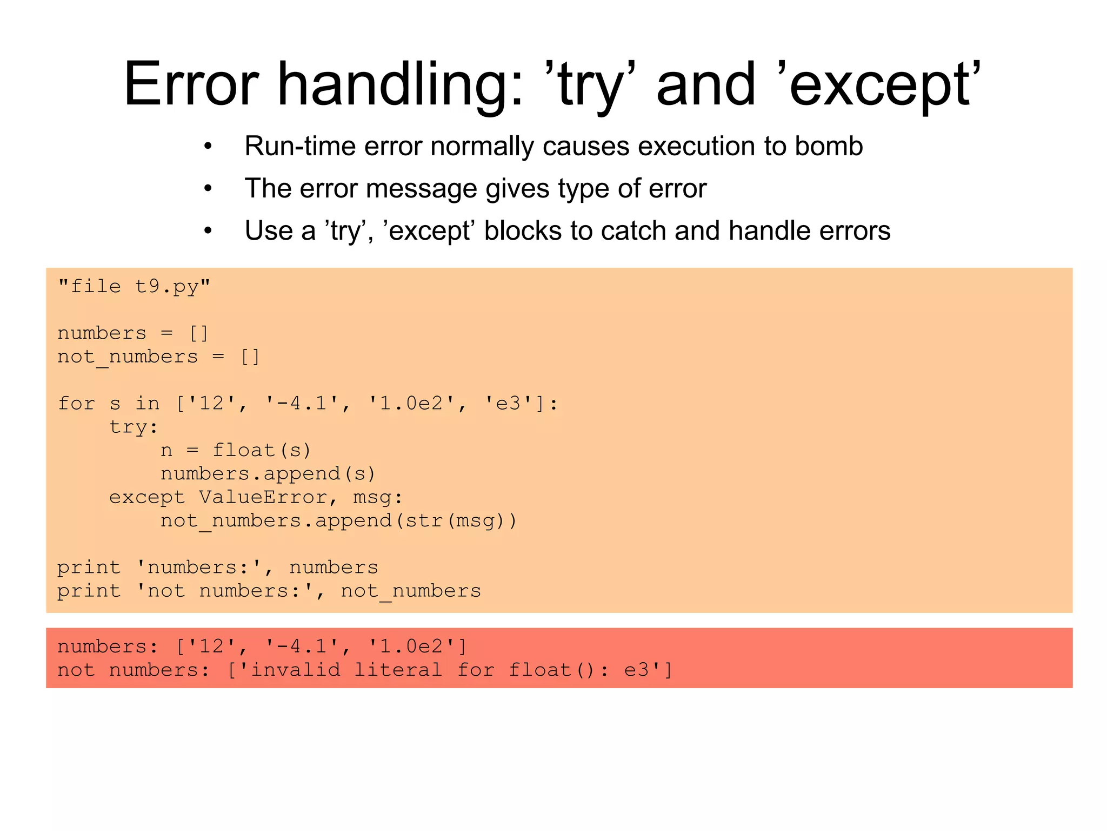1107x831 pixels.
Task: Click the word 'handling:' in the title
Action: pyautogui.click(x=400, y=85)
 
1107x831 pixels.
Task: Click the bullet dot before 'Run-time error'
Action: pyautogui.click(x=208, y=147)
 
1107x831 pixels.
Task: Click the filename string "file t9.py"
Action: pyautogui.click(x=134, y=286)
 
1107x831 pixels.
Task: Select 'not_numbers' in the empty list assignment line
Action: pyautogui.click(x=128, y=357)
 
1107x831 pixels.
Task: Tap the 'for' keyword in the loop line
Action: pyautogui.click(x=76, y=404)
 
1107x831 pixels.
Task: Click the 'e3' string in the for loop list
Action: pyautogui.click(x=509, y=404)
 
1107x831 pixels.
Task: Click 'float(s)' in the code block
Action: pyautogui.click(x=262, y=451)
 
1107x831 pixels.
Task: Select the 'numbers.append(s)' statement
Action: pyautogui.click(x=268, y=474)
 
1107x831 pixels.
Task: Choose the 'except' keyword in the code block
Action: pyautogui.click(x=146, y=497)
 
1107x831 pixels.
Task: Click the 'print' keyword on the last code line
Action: pyautogui.click(x=89, y=591)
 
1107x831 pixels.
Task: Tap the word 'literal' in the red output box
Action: pyautogui.click(x=398, y=670)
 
